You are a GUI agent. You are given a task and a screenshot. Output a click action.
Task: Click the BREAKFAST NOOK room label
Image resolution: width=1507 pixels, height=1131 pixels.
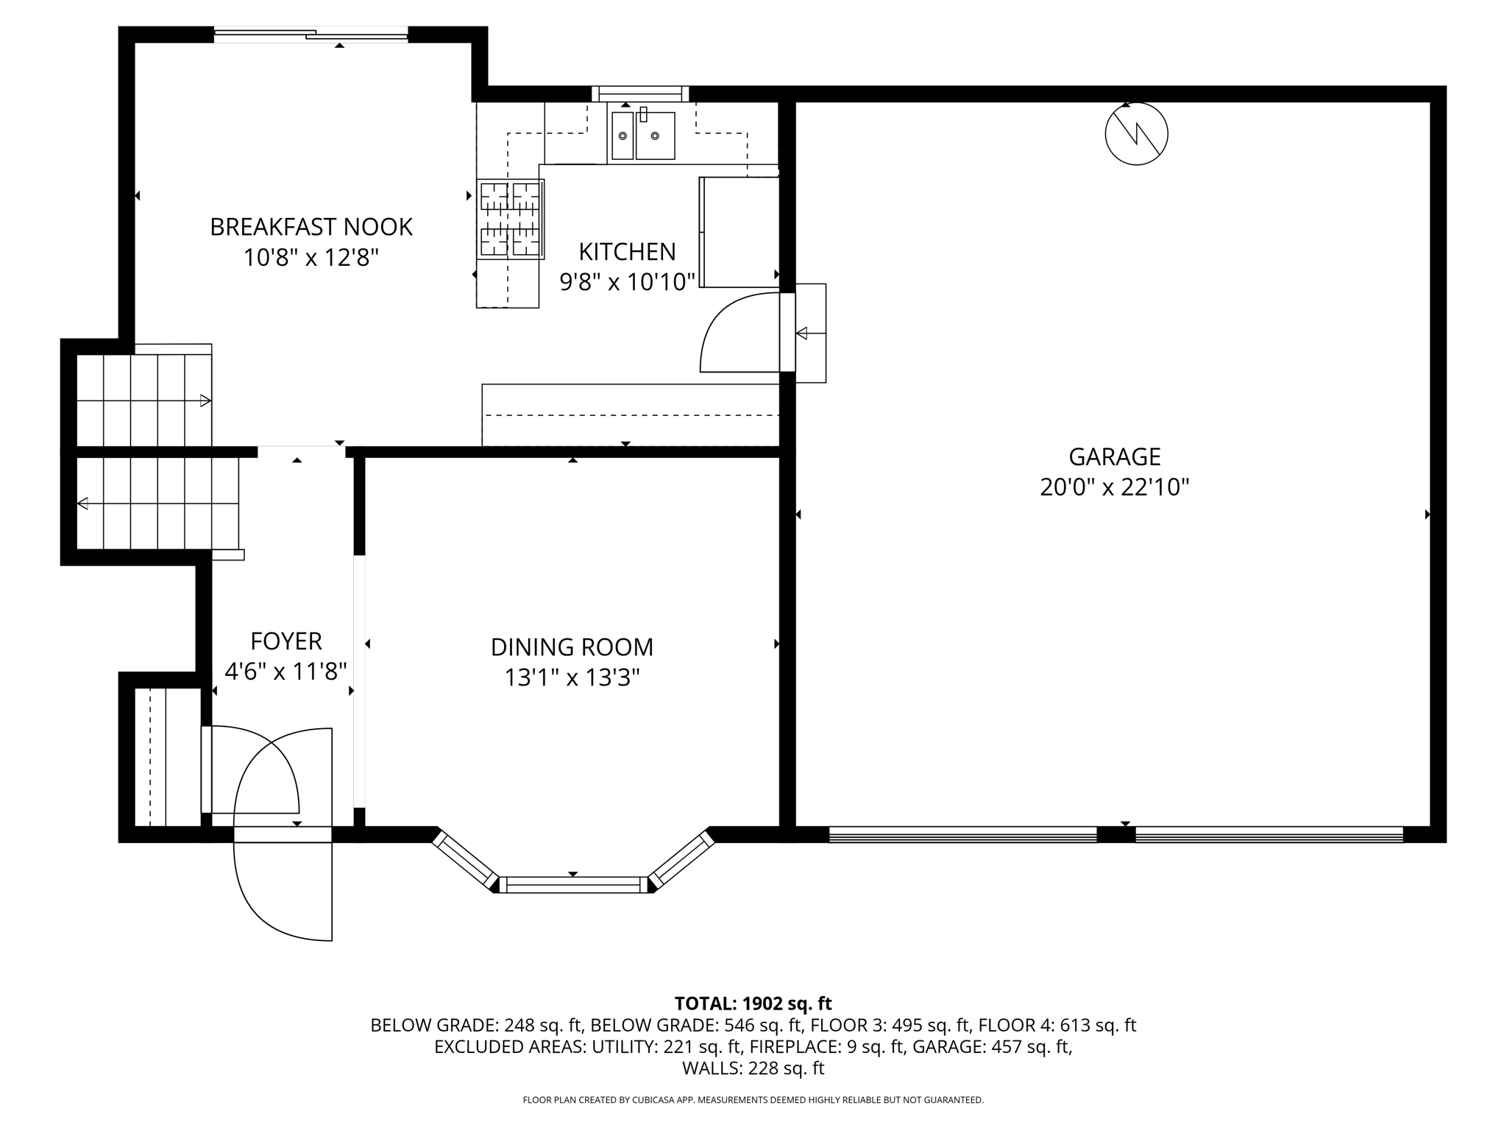311,227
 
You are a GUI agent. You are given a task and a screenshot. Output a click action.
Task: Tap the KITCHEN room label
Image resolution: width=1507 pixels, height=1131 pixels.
627,252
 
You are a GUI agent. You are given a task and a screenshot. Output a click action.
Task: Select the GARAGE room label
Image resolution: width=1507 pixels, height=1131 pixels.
1115,457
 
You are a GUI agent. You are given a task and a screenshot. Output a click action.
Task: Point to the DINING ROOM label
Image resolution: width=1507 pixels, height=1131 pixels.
572,647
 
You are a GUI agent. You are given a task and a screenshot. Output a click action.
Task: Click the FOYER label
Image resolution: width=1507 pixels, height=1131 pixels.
286,641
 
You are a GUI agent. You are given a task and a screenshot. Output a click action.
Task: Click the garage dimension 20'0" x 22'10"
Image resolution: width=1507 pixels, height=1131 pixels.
1115,487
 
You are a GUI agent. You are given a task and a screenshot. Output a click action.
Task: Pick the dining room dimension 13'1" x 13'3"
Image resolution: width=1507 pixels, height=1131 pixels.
572,677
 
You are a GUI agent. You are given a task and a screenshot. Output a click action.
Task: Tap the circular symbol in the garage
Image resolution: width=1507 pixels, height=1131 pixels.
1136,133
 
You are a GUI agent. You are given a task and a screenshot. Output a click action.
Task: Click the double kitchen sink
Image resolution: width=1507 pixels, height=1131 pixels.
643,135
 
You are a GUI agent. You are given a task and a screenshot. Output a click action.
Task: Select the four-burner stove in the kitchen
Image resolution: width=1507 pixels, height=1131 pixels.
510,219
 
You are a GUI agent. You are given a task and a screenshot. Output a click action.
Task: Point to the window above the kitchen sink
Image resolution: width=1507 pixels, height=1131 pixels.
640,94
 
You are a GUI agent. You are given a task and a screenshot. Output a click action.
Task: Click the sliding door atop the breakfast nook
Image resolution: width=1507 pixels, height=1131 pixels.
311,34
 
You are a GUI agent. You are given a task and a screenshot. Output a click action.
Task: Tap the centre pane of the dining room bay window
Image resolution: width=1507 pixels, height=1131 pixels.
573,884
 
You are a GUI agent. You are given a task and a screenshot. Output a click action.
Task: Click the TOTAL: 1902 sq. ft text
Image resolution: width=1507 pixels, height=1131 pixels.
753,1004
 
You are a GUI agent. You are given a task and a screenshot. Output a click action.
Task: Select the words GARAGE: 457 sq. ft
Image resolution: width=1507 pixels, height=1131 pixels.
990,1046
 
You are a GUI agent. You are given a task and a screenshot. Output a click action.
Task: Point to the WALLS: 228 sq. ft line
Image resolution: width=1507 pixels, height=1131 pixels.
753,1068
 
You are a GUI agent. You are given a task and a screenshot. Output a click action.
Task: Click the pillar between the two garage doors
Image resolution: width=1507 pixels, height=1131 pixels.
1116,834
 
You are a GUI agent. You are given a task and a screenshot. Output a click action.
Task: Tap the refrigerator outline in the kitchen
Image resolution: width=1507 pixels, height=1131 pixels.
739,232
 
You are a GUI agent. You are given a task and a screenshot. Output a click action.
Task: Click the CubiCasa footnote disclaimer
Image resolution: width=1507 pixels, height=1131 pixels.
753,1100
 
